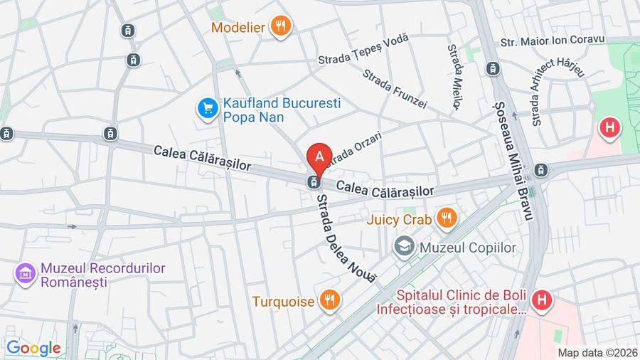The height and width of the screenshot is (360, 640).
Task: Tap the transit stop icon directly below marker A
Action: pyautogui.click(x=312, y=182)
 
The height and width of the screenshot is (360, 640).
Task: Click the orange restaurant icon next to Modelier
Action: pyautogui.click(x=282, y=27)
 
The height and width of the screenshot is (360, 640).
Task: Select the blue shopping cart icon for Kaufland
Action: pyautogui.click(x=207, y=109)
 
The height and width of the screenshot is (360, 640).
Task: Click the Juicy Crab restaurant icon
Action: pyautogui.click(x=447, y=218)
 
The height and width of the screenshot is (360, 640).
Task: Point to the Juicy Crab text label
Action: pyautogui.click(x=399, y=219)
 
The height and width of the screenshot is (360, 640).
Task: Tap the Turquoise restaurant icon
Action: pyautogui.click(x=329, y=300)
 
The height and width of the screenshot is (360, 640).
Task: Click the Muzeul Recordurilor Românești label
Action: pyautogui.click(x=102, y=275)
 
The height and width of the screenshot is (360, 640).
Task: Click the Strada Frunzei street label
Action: pyautogui.click(x=395, y=89)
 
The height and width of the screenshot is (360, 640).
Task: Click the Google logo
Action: pyautogui.click(x=33, y=348)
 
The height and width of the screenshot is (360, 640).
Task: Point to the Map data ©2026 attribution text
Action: pyautogui.click(x=596, y=352)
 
